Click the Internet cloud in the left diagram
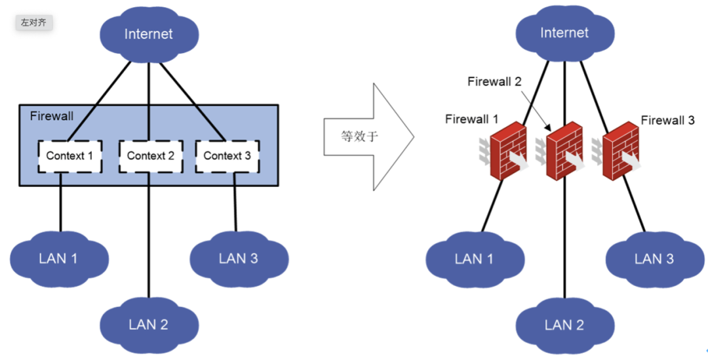[149, 34]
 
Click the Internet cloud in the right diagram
[564, 33]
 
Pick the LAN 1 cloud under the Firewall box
[59, 258]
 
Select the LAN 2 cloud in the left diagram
[149, 325]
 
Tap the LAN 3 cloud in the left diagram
[239, 258]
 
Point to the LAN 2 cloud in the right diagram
[564, 325]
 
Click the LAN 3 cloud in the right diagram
[655, 259]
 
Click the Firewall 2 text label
[494, 82]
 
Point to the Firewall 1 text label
[472, 119]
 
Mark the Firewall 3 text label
[668, 120]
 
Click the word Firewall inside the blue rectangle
[52, 116]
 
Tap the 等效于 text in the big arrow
[359, 136]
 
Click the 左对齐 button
[34, 22]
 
